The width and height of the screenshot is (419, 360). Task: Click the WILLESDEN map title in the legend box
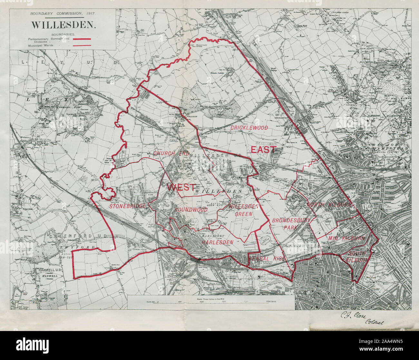[x=63, y=25]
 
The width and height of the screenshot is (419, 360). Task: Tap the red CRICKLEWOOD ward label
[x=249, y=128]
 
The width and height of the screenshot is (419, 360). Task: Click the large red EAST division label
[x=263, y=150]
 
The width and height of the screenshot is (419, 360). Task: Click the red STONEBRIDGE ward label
[x=128, y=206]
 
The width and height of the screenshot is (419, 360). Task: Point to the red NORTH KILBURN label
[x=330, y=205]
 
